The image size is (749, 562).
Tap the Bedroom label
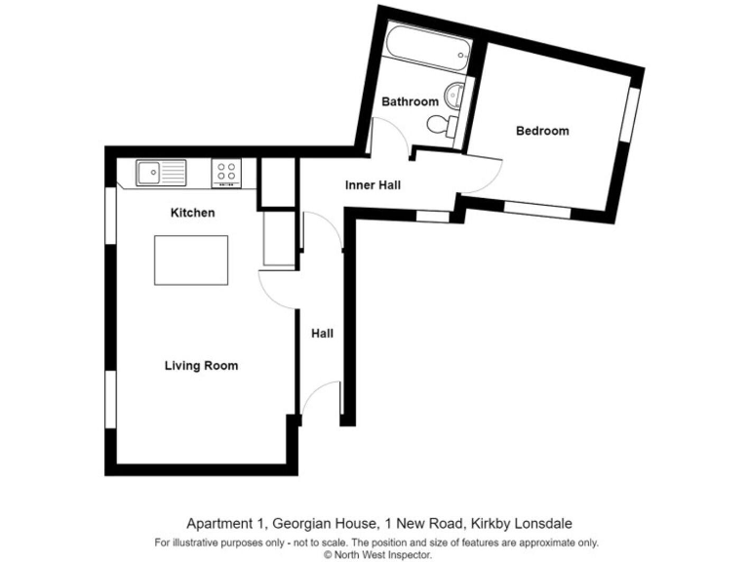tap(542, 131)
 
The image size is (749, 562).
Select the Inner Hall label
tap(373, 184)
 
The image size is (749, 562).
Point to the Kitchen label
tap(192, 213)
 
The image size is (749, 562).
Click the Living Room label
tap(201, 366)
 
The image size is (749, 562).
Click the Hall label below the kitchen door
tap(322, 334)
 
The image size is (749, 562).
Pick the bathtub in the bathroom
tap(428, 48)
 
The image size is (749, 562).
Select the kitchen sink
tap(161, 173)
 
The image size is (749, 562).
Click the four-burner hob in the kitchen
tap(225, 173)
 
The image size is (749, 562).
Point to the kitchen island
tap(191, 260)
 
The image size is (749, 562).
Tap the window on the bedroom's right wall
tap(631, 116)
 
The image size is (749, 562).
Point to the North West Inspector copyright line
tap(375, 553)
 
